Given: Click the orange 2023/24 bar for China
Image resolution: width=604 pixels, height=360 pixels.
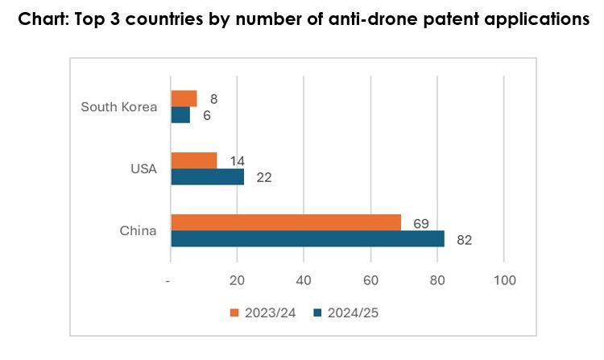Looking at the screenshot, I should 286,222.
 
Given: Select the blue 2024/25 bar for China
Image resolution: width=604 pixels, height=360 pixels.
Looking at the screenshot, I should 308,239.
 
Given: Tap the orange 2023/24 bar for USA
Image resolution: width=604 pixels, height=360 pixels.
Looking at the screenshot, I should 194,160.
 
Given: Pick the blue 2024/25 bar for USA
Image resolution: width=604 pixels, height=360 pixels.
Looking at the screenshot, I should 208,176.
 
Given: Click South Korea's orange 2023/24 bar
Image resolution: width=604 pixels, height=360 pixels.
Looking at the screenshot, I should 184,99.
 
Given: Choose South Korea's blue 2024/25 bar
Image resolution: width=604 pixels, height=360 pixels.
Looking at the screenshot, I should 181,115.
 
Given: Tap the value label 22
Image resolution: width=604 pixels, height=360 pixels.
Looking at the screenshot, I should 263,177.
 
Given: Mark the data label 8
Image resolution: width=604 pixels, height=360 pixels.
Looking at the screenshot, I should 213,99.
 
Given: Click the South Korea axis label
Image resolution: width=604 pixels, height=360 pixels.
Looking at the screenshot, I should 118,107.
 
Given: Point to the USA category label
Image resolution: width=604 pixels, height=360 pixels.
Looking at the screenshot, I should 143,168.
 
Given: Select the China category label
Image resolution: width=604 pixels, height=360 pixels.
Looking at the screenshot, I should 139,231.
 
